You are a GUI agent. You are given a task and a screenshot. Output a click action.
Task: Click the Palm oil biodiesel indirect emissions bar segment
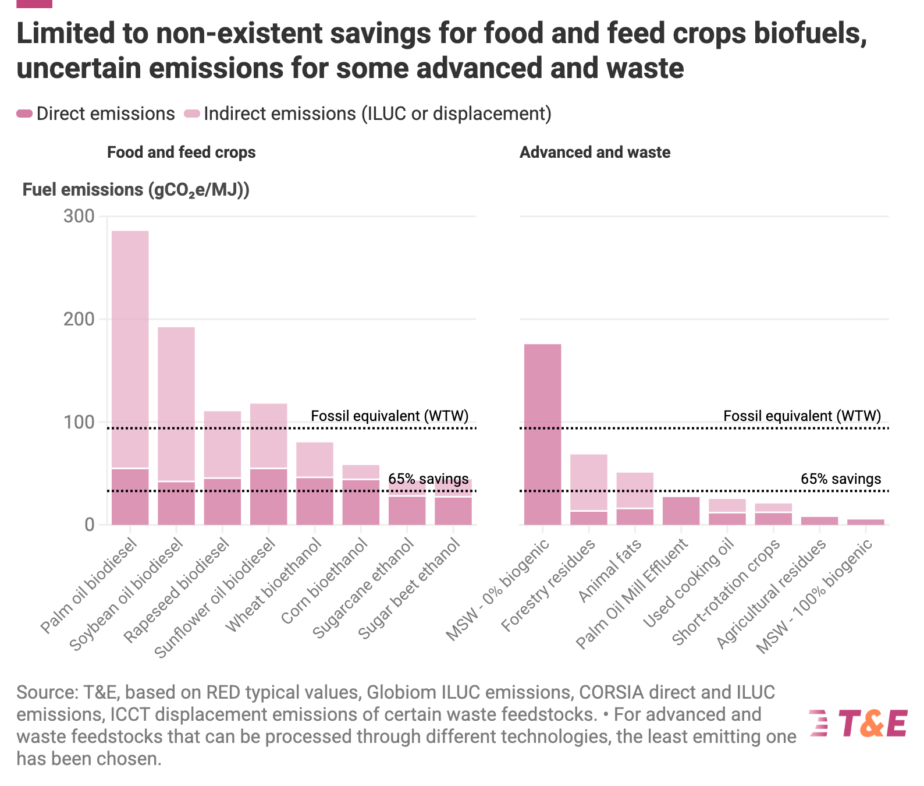[130, 349]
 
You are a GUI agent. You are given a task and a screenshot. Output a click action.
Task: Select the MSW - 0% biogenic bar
[542, 434]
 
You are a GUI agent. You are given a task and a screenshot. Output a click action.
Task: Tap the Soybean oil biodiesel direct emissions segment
[176, 504]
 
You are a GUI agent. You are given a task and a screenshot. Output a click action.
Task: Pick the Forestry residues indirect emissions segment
[589, 482]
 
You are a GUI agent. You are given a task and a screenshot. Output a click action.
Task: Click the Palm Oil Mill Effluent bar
[681, 511]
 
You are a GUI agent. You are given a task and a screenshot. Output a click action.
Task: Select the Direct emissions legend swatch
[24, 114]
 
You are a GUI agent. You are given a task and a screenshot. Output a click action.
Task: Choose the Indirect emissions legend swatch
[191, 114]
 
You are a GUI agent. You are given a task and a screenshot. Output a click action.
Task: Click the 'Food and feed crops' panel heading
[181, 153]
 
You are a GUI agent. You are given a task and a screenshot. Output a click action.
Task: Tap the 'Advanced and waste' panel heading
[595, 153]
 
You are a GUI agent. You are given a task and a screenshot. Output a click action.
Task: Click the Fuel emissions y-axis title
[136, 190]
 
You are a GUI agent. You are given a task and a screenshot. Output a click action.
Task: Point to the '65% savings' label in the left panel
[428, 479]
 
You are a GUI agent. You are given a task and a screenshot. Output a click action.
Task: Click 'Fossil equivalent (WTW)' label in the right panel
[802, 416]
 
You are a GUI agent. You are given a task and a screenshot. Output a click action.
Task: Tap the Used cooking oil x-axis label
[689, 582]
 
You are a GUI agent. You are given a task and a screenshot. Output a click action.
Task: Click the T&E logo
[858, 723]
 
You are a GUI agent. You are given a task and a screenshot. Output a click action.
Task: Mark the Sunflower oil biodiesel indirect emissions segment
[269, 436]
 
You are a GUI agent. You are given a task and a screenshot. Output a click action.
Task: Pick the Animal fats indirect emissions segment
[635, 490]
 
